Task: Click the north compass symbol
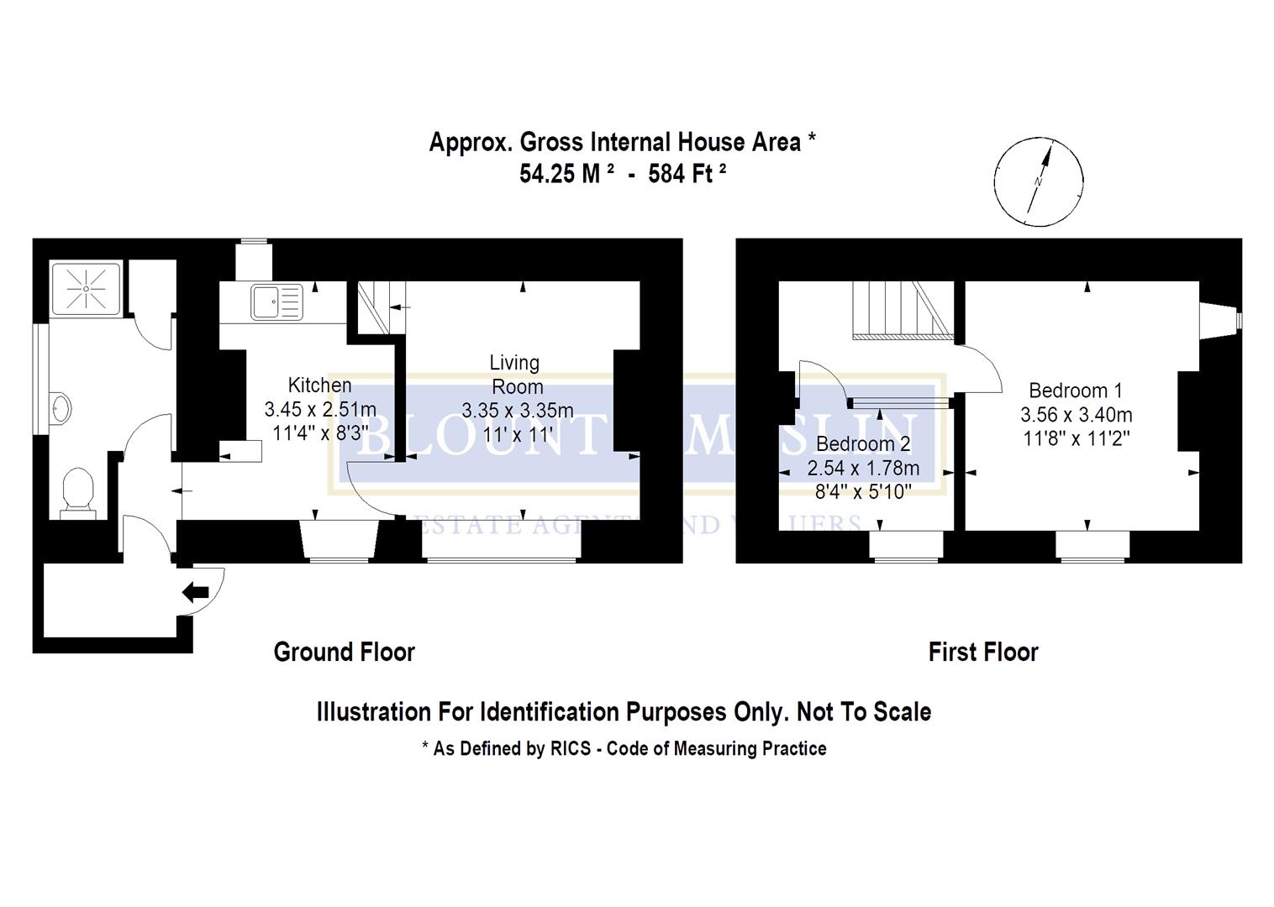coord(1039,181)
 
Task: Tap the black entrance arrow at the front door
coord(196,592)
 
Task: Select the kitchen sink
coord(276,301)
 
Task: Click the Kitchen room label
coord(319,385)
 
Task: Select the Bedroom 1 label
coord(1076,391)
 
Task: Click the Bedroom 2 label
coord(863,443)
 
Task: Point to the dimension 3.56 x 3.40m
coord(1076,415)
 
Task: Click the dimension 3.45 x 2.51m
coord(319,410)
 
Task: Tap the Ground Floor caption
coord(345,652)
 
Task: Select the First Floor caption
coord(983,652)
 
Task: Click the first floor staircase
coord(899,310)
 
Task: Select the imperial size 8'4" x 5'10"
coord(863,492)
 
